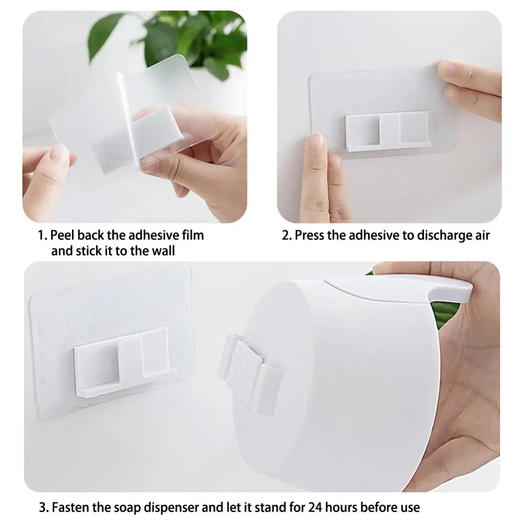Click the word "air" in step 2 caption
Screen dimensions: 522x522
click(482, 235)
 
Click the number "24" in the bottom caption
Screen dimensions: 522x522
click(300, 507)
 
